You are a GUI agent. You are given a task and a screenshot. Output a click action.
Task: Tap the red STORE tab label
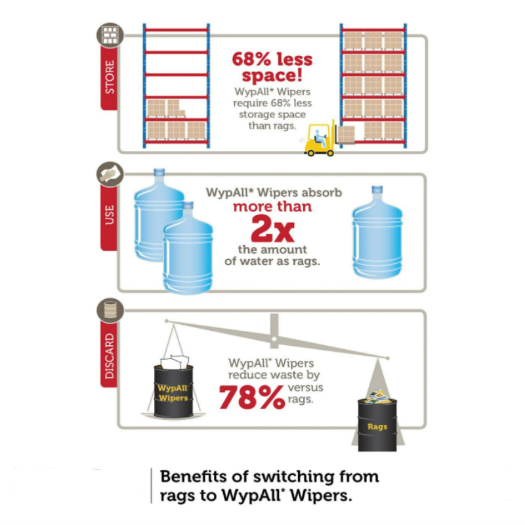pyautogui.click(x=110, y=77)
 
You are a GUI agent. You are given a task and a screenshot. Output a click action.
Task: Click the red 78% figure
pyautogui.click(x=251, y=397)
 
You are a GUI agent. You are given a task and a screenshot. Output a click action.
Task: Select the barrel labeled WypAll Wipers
pyautogui.click(x=173, y=391)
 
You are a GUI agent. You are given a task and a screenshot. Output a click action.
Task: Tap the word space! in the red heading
pyautogui.click(x=271, y=78)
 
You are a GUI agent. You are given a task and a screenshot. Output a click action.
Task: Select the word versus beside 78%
pyautogui.click(x=306, y=388)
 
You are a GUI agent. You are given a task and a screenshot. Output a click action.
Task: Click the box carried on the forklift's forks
pyautogui.click(x=346, y=135)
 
